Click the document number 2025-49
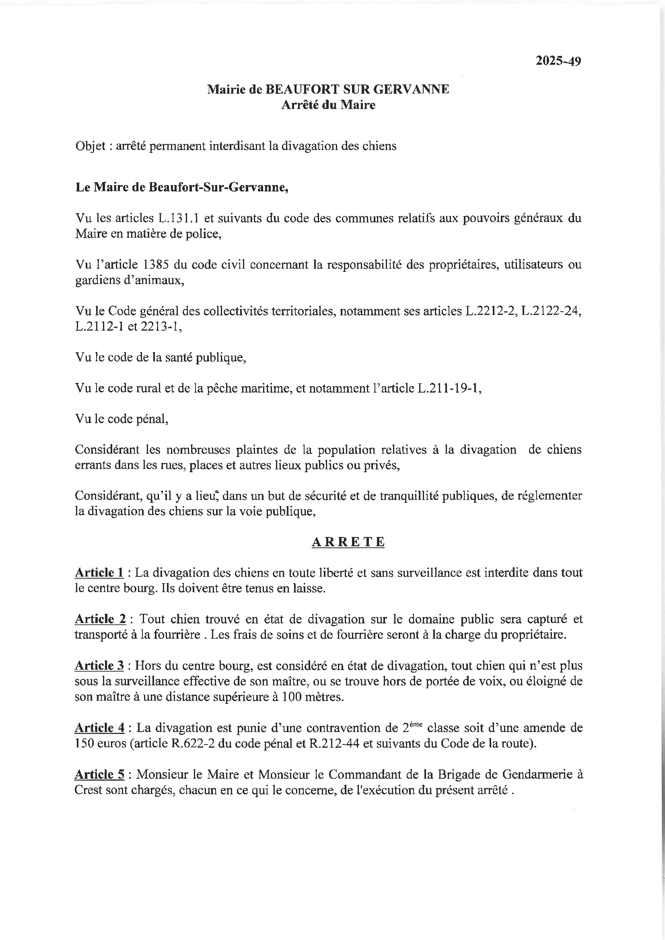pos(558,61)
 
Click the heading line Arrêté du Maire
pos(328,105)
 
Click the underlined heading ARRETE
pos(348,542)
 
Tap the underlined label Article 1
pos(99,572)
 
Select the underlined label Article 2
pos(100,619)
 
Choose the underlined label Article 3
pos(99,666)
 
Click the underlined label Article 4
pos(99,728)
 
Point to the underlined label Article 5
pos(99,774)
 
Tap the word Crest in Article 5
pos(88,790)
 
